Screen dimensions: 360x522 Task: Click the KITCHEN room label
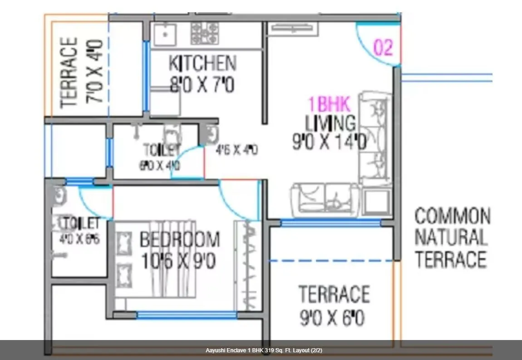point(202,64)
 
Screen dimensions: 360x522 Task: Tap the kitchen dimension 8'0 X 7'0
point(202,84)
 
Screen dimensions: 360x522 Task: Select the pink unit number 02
point(383,48)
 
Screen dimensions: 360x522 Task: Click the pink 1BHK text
point(330,105)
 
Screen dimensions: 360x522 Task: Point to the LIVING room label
point(330,123)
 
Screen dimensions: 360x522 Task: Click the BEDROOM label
point(179,240)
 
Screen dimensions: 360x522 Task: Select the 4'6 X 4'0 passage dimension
point(237,150)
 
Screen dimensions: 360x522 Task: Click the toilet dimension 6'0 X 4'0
point(159,166)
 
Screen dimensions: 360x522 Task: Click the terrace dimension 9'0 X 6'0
point(332,318)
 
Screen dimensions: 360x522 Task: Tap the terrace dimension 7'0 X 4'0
point(96,72)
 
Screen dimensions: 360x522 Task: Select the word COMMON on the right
point(452,217)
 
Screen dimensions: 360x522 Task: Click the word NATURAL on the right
point(451,238)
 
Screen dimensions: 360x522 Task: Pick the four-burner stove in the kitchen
point(204,34)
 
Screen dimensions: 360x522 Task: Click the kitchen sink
point(165,34)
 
